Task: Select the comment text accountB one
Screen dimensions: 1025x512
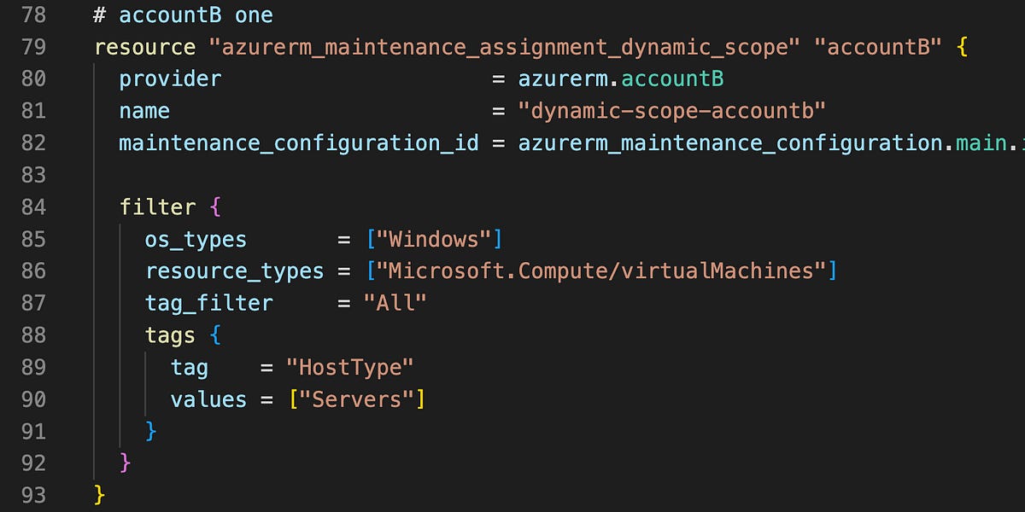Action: coord(196,15)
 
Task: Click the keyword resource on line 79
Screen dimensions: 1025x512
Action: coord(144,47)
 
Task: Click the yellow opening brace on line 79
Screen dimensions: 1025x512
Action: coord(963,47)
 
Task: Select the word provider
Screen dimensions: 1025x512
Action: coord(170,79)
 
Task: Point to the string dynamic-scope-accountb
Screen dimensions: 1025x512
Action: coord(671,111)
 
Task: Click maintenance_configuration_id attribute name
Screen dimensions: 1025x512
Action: coord(298,143)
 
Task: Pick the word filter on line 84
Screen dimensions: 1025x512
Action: coord(157,207)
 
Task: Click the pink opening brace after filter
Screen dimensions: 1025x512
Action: coord(215,207)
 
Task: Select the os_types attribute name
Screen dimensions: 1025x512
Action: coord(196,239)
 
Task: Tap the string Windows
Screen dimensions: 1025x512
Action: coord(434,239)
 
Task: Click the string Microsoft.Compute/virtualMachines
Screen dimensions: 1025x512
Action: coord(600,271)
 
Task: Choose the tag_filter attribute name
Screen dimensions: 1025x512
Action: coord(208,303)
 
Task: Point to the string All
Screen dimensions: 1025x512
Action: coord(395,303)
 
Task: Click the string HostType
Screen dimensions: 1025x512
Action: coord(350,367)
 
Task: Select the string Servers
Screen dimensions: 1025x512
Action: coord(356,399)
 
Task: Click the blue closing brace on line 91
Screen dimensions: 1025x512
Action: coord(151,431)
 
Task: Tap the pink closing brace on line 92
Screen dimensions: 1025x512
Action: coord(126,463)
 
